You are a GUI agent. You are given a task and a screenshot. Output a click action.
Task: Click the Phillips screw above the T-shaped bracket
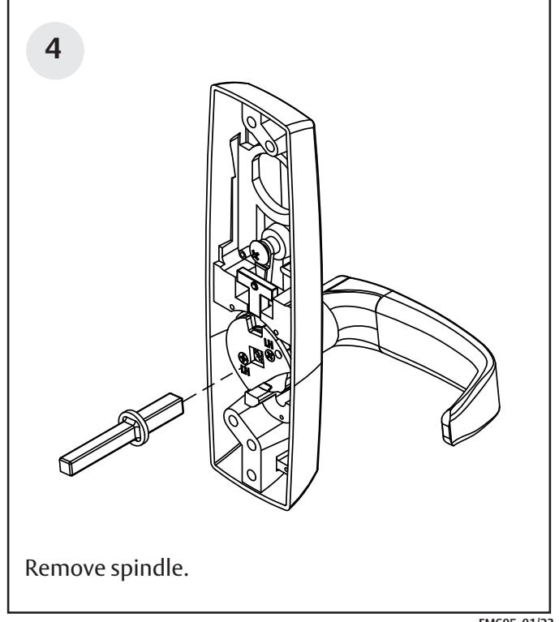(x=260, y=252)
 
